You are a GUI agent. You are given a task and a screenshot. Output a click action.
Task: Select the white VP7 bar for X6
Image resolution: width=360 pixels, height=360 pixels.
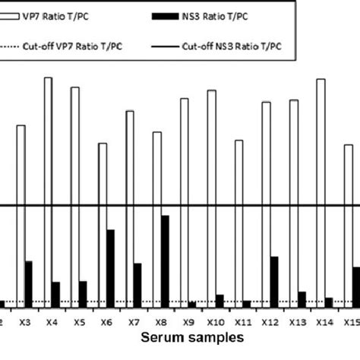tap(103, 224)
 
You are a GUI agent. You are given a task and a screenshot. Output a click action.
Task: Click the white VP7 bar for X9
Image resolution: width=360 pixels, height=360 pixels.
tap(184, 202)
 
